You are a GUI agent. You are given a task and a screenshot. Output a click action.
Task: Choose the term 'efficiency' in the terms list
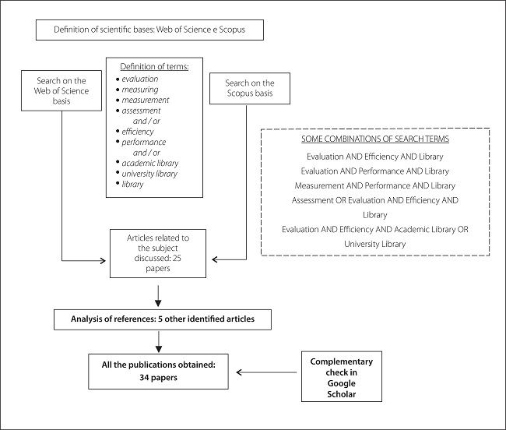pyautogui.click(x=139, y=132)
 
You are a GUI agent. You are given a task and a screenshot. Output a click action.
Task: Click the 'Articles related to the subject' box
pyautogui.click(x=160, y=252)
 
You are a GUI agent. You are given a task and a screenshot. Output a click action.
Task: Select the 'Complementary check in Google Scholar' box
pyautogui.click(x=341, y=378)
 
